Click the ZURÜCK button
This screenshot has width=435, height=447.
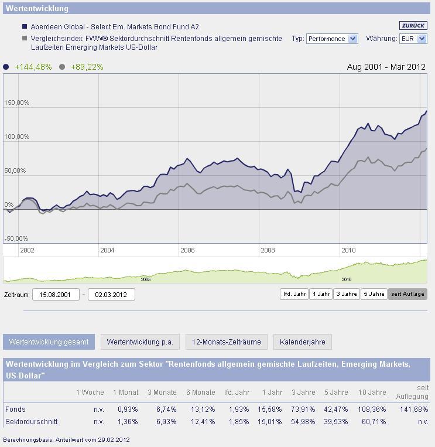413,26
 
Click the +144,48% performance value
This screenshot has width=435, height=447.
33,67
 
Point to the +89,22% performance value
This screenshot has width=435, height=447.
87,67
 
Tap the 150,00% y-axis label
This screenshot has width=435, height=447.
16,103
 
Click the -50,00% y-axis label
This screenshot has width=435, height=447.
16,239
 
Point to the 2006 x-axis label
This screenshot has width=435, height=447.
187,250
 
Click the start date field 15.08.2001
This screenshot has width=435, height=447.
56,295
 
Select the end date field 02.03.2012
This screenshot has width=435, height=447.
111,295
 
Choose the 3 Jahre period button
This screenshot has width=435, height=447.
347,294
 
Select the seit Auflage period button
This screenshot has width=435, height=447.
407,294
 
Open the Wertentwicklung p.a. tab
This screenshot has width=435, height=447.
140,342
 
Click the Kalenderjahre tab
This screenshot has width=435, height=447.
303,342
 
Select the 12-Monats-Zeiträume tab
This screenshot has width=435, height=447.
227,342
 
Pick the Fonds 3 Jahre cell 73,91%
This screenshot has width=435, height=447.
303,409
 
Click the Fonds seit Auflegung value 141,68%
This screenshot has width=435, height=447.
413,409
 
